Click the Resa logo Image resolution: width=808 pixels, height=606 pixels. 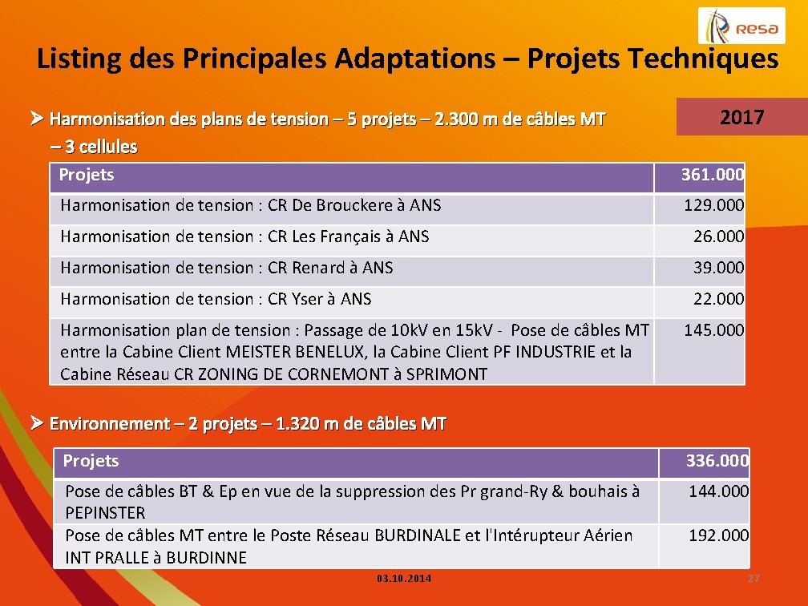point(741,26)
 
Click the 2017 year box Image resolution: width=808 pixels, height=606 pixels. point(741,118)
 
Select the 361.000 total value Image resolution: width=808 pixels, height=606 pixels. point(712,175)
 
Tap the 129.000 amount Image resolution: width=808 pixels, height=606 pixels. point(713,205)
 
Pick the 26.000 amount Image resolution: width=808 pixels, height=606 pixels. point(718,236)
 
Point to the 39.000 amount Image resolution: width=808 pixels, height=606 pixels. point(718,268)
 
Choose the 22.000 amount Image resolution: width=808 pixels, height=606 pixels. point(718,299)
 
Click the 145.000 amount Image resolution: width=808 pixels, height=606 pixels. point(713,330)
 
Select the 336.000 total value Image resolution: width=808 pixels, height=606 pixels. point(717,461)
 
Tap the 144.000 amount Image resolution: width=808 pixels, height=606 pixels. point(718,491)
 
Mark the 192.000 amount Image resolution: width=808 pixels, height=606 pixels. point(718,535)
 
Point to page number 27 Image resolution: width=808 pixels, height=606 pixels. point(753,579)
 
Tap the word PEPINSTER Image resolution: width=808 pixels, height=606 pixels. point(105,513)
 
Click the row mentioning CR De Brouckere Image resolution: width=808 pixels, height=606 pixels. point(250,205)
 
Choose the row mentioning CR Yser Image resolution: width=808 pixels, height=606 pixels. point(216,299)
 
